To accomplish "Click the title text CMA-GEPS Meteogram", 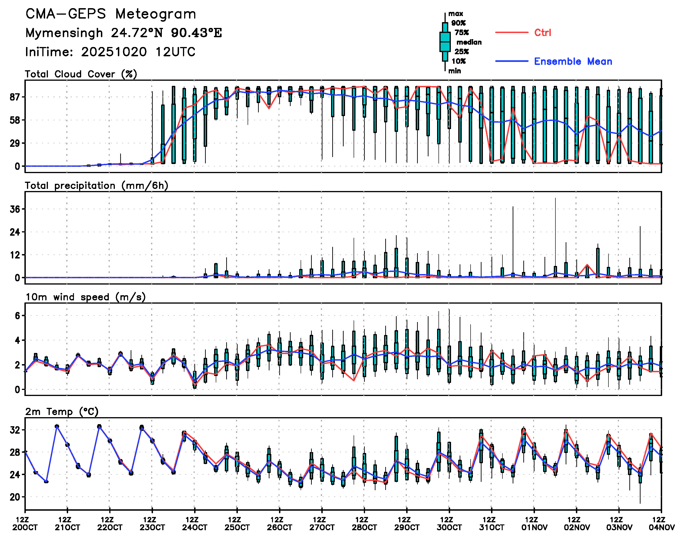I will click(x=111, y=14).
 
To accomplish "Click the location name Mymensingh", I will click(x=64, y=33).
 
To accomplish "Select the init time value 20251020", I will click(x=114, y=52).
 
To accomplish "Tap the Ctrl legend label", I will click(x=542, y=33).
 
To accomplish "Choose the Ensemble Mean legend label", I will click(x=573, y=61).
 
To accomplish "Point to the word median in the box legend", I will click(x=469, y=42).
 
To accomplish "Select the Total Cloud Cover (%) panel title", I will click(x=81, y=74).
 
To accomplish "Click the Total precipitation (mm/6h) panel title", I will click(x=96, y=186).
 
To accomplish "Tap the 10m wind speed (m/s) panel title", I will click(x=85, y=297).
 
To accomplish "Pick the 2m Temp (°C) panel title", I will click(x=62, y=412).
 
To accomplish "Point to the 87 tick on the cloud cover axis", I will click(x=15, y=97).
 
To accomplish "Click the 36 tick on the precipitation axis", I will click(x=15, y=209).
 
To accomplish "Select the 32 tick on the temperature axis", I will click(x=15, y=430).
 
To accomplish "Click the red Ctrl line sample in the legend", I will click(x=511, y=32).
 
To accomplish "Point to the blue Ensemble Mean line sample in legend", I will click(x=511, y=61).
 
